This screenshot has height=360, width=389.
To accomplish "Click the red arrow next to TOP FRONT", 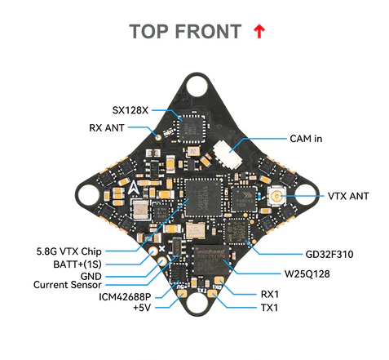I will click(259, 32).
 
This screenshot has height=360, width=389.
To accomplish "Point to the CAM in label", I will click(306, 139).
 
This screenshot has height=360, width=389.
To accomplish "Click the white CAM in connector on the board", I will click(223, 155).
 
